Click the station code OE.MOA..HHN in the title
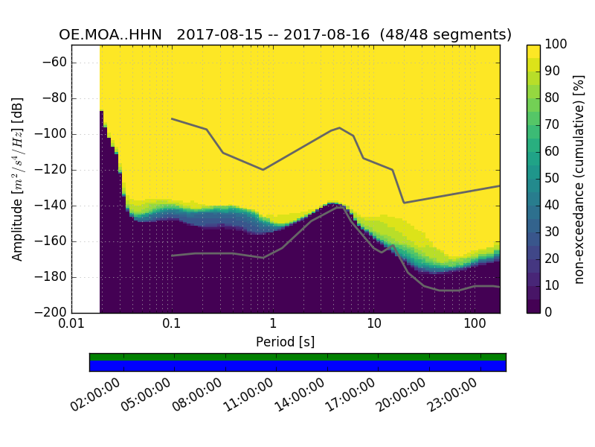coord(114,35)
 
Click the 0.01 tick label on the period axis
coord(71,324)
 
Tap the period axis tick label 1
coord(273,324)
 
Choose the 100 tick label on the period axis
coord(475,324)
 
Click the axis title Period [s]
coord(285,341)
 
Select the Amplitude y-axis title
coord(18,179)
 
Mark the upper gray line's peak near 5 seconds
coord(340,127)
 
